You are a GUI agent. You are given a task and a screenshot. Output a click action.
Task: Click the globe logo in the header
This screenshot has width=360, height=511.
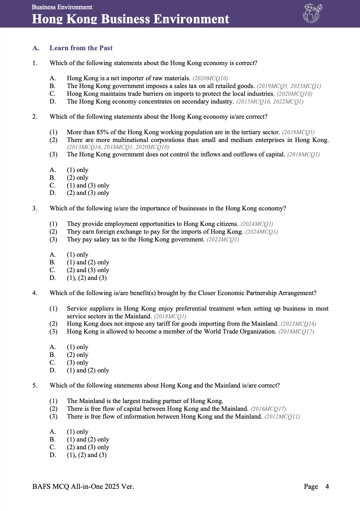pyautogui.click(x=312, y=13)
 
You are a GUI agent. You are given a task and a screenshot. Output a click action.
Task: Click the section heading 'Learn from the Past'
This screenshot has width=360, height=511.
pyautogui.click(x=81, y=48)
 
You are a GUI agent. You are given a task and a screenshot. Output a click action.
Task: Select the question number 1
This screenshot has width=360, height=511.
pyautogui.click(x=35, y=63)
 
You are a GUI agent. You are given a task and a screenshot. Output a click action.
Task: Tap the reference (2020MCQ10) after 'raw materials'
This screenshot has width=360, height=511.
pyautogui.click(x=210, y=78)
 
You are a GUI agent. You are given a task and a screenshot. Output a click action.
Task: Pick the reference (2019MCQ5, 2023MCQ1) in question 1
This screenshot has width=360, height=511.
pyautogui.click(x=289, y=86)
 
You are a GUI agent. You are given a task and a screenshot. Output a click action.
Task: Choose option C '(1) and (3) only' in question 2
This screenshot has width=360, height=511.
pyautogui.click(x=88, y=185)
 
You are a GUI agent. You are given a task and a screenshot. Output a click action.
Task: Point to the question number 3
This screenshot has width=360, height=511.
pyautogui.click(x=35, y=208)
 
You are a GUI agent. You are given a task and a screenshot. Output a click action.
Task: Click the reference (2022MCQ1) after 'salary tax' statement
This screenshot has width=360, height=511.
pyautogui.click(x=223, y=240)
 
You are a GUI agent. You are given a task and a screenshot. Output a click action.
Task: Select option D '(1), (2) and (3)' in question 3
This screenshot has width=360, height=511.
pyautogui.click(x=86, y=278)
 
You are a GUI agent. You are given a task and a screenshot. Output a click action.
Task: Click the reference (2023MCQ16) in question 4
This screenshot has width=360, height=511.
pyautogui.click(x=298, y=324)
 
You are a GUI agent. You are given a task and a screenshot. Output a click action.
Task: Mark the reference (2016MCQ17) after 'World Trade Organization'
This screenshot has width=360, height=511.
pyautogui.click(x=296, y=332)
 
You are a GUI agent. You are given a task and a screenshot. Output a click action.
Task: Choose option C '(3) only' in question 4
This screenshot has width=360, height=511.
pyautogui.click(x=78, y=362)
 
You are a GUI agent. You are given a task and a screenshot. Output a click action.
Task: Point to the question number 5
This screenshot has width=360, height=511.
pyautogui.click(x=35, y=385)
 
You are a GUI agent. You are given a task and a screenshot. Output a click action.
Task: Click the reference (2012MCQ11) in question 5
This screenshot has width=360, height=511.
pyautogui.click(x=282, y=417)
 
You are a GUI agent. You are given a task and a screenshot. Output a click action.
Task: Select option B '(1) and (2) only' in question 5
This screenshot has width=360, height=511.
pyautogui.click(x=88, y=439)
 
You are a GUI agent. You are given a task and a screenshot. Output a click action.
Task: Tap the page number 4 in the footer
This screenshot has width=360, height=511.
pyautogui.click(x=327, y=487)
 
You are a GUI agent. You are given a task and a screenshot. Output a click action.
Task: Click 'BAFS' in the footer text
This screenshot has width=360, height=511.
pyautogui.click(x=41, y=487)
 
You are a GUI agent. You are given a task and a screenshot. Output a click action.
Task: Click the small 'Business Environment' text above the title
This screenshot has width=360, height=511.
pyautogui.click(x=62, y=7)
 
